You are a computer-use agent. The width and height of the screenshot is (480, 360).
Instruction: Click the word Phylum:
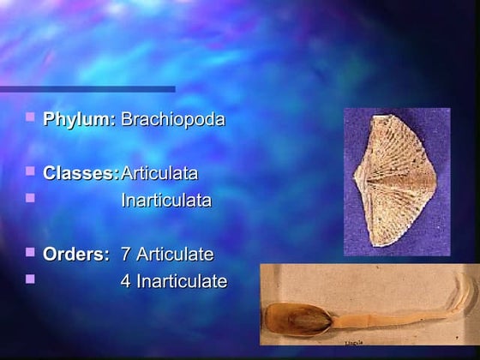click(x=79, y=119)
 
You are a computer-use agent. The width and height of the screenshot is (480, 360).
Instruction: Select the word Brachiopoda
click(x=172, y=119)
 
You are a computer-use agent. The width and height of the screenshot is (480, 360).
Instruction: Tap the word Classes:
click(x=81, y=173)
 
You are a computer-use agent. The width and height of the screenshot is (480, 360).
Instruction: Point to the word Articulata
click(x=159, y=173)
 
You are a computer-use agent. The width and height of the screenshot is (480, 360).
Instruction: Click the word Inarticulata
click(x=165, y=201)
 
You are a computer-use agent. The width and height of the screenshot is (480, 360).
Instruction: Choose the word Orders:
click(x=76, y=254)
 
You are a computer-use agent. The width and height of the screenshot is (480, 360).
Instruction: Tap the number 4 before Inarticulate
click(x=126, y=280)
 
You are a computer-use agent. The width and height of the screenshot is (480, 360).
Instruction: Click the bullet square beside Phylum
click(x=31, y=117)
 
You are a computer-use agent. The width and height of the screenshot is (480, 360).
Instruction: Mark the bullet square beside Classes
click(x=31, y=171)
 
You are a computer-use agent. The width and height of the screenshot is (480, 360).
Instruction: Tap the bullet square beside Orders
click(x=31, y=252)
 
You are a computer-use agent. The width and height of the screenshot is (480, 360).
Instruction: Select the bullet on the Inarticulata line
click(x=31, y=198)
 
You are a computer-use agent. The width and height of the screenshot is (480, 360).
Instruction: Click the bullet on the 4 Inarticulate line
click(x=31, y=279)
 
